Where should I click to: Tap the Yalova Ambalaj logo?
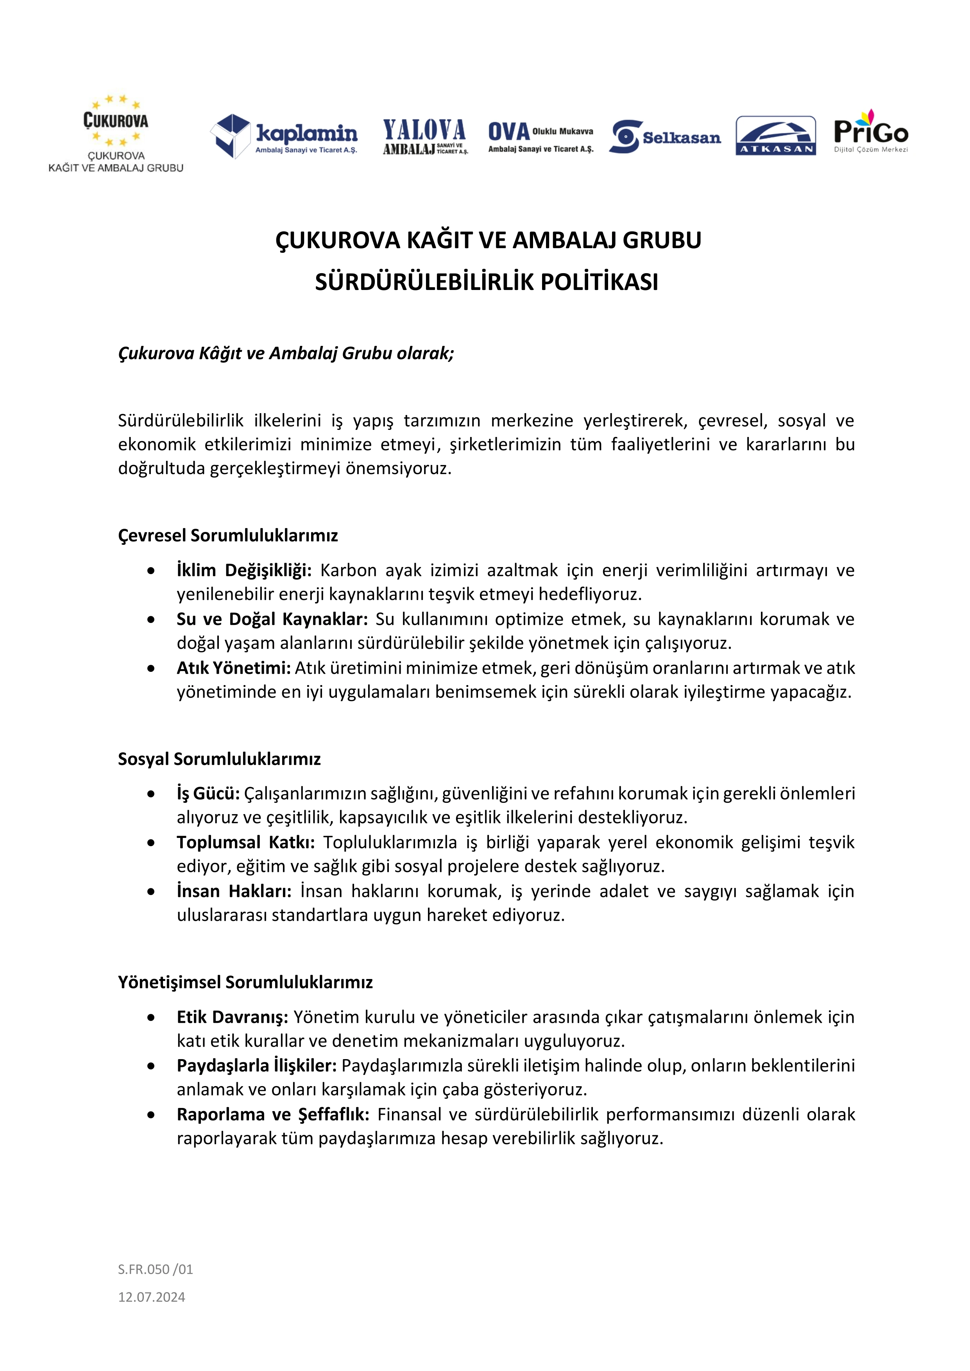click(x=425, y=137)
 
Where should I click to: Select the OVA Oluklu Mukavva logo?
click(x=540, y=137)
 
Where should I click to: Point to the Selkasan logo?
click(x=665, y=137)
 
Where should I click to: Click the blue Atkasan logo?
click(x=775, y=136)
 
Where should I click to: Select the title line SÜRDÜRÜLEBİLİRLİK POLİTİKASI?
click(x=486, y=282)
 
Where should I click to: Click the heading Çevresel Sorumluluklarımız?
click(x=227, y=535)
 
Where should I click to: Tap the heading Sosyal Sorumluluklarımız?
click(x=219, y=759)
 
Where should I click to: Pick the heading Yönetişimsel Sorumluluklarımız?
click(x=245, y=982)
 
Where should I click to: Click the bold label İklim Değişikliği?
click(x=244, y=570)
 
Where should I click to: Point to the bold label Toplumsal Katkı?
click(x=245, y=842)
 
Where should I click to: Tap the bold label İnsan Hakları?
click(x=234, y=891)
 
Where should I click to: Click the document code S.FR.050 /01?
click(x=155, y=1269)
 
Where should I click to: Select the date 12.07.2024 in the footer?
click(x=152, y=1297)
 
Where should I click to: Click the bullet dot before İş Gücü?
click(x=151, y=794)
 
